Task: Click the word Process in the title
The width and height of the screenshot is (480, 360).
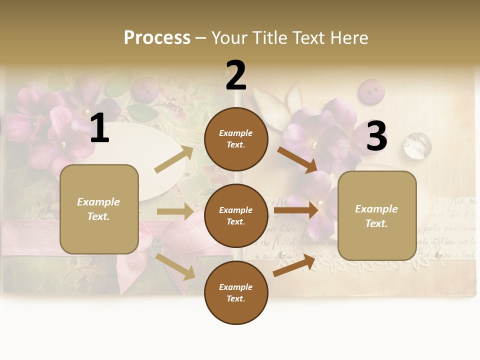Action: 157,38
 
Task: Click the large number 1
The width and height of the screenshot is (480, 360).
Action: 99,128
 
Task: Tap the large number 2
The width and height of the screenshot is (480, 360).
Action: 236,75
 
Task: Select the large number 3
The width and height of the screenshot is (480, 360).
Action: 376,136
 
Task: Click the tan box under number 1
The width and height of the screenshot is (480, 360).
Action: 99,209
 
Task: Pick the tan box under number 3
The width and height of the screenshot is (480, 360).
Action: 377,215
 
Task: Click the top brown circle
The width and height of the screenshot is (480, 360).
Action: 236,139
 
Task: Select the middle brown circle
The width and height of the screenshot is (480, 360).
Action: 236,215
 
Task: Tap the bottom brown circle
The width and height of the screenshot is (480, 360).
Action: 236,292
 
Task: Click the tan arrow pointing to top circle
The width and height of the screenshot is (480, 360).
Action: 174,159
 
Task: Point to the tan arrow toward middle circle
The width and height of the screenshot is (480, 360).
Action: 175,211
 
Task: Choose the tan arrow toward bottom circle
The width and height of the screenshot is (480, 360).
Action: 175,266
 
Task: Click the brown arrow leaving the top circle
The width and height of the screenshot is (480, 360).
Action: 297,159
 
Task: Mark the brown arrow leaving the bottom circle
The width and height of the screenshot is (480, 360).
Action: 294,265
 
